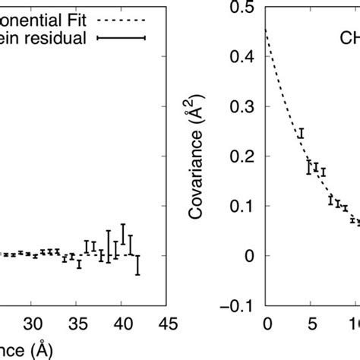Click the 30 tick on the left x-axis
pyautogui.click(x=32, y=321)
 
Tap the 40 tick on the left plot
pyautogui.click(x=122, y=321)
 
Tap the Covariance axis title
pyautogui.click(x=217, y=156)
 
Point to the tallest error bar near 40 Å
pyautogui.click(x=123, y=234)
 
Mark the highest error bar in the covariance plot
pyautogui.click(x=301, y=134)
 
